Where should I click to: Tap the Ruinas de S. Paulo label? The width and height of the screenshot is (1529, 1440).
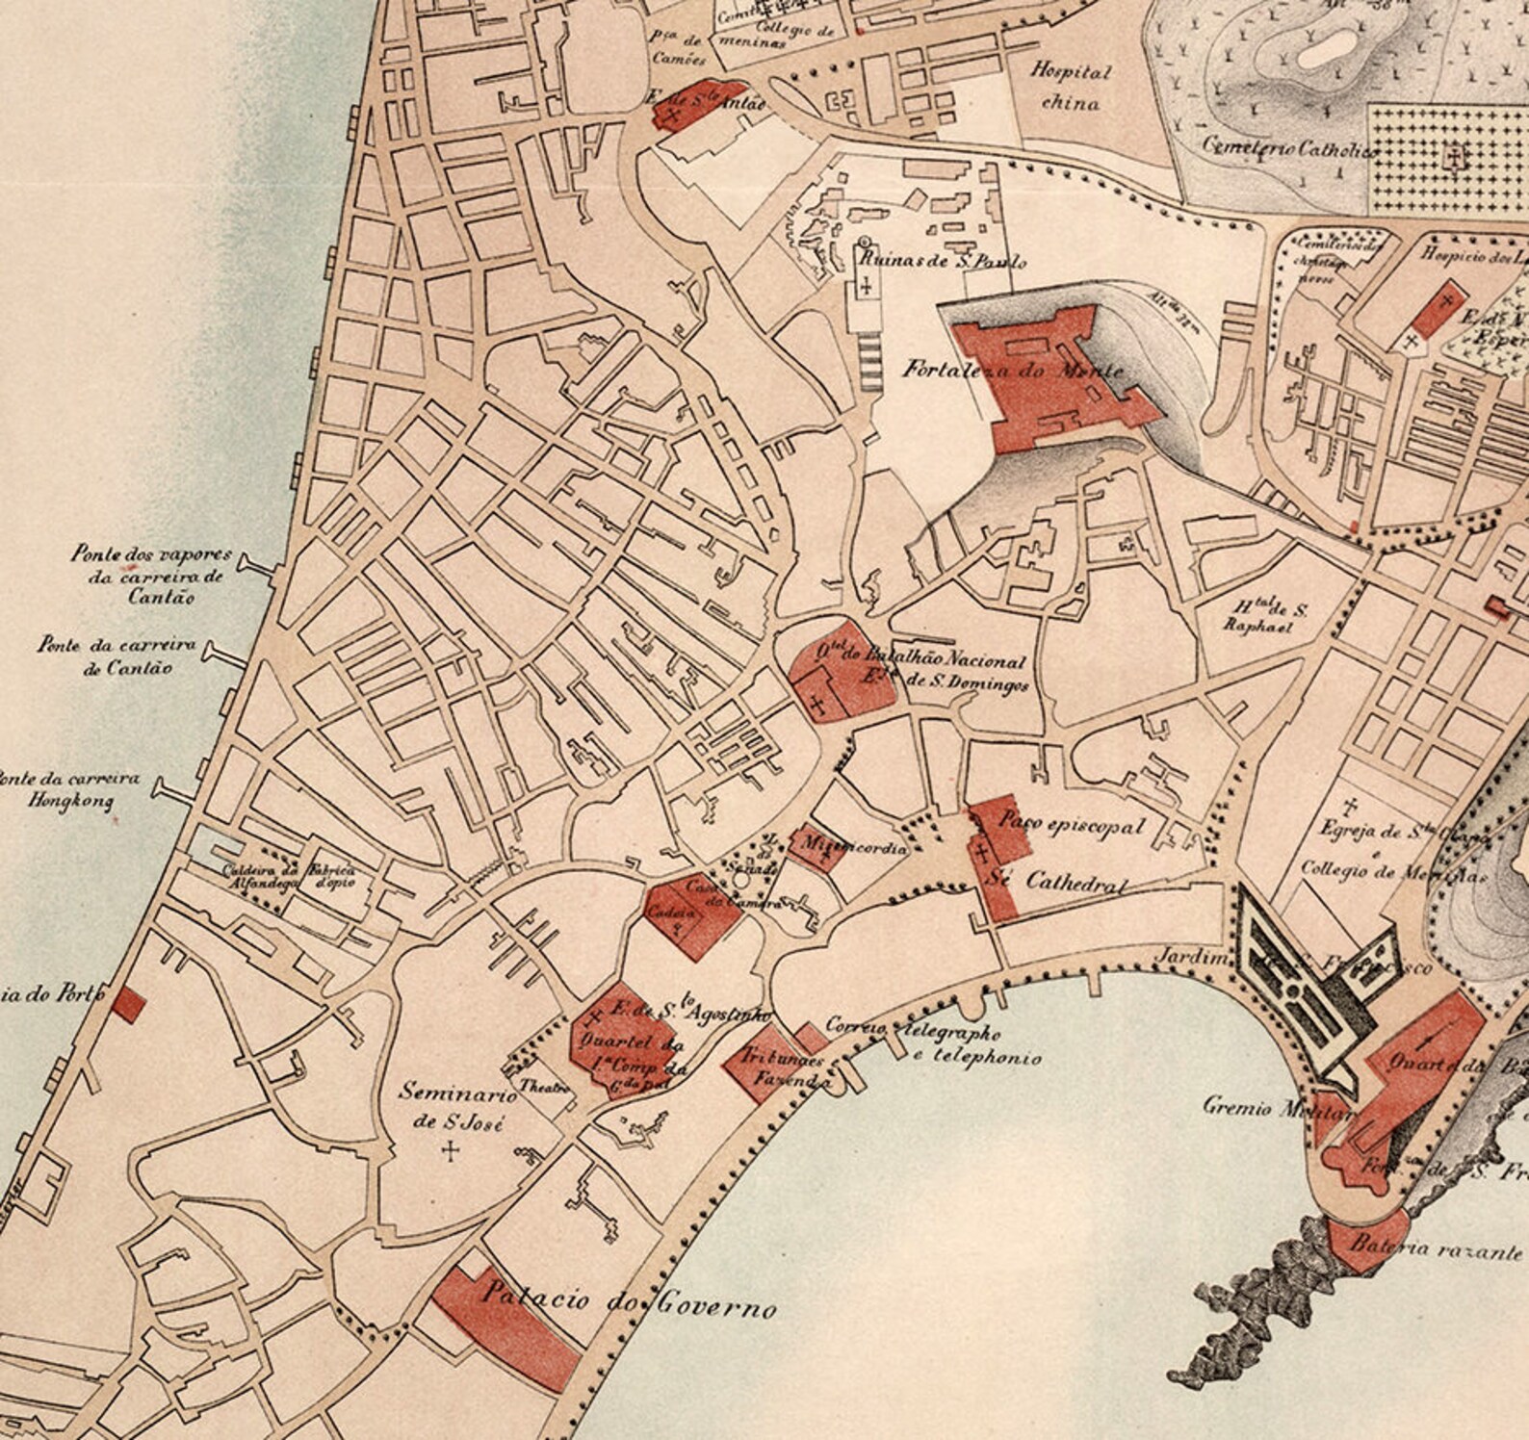point(942,261)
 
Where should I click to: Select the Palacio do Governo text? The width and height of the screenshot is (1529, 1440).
point(628,1300)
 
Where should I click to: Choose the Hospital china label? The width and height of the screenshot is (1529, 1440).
point(1071,87)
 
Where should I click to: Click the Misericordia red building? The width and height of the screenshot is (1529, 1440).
point(815,848)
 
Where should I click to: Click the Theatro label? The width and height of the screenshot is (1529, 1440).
point(545,1085)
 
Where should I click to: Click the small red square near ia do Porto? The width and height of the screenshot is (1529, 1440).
point(127,1006)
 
